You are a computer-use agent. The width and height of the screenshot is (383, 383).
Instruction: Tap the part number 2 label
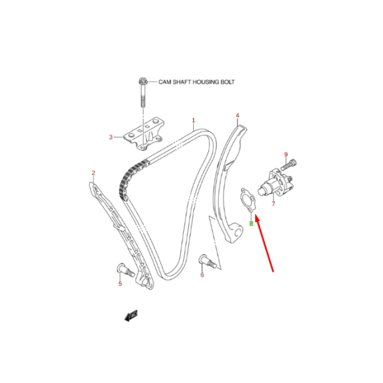[x=93, y=173]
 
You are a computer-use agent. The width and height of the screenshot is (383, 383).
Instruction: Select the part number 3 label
[x=110, y=137]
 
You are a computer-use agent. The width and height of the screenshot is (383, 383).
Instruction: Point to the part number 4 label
[x=237, y=116]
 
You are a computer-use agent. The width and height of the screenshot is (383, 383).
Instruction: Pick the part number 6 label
[x=202, y=275]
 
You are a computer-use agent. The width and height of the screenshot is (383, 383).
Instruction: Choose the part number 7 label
[x=273, y=204]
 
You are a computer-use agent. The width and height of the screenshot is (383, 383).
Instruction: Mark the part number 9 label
[x=286, y=154]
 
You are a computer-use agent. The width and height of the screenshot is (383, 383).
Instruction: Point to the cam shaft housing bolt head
[x=142, y=81]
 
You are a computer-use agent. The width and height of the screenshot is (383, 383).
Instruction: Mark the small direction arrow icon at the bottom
[x=132, y=313]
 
